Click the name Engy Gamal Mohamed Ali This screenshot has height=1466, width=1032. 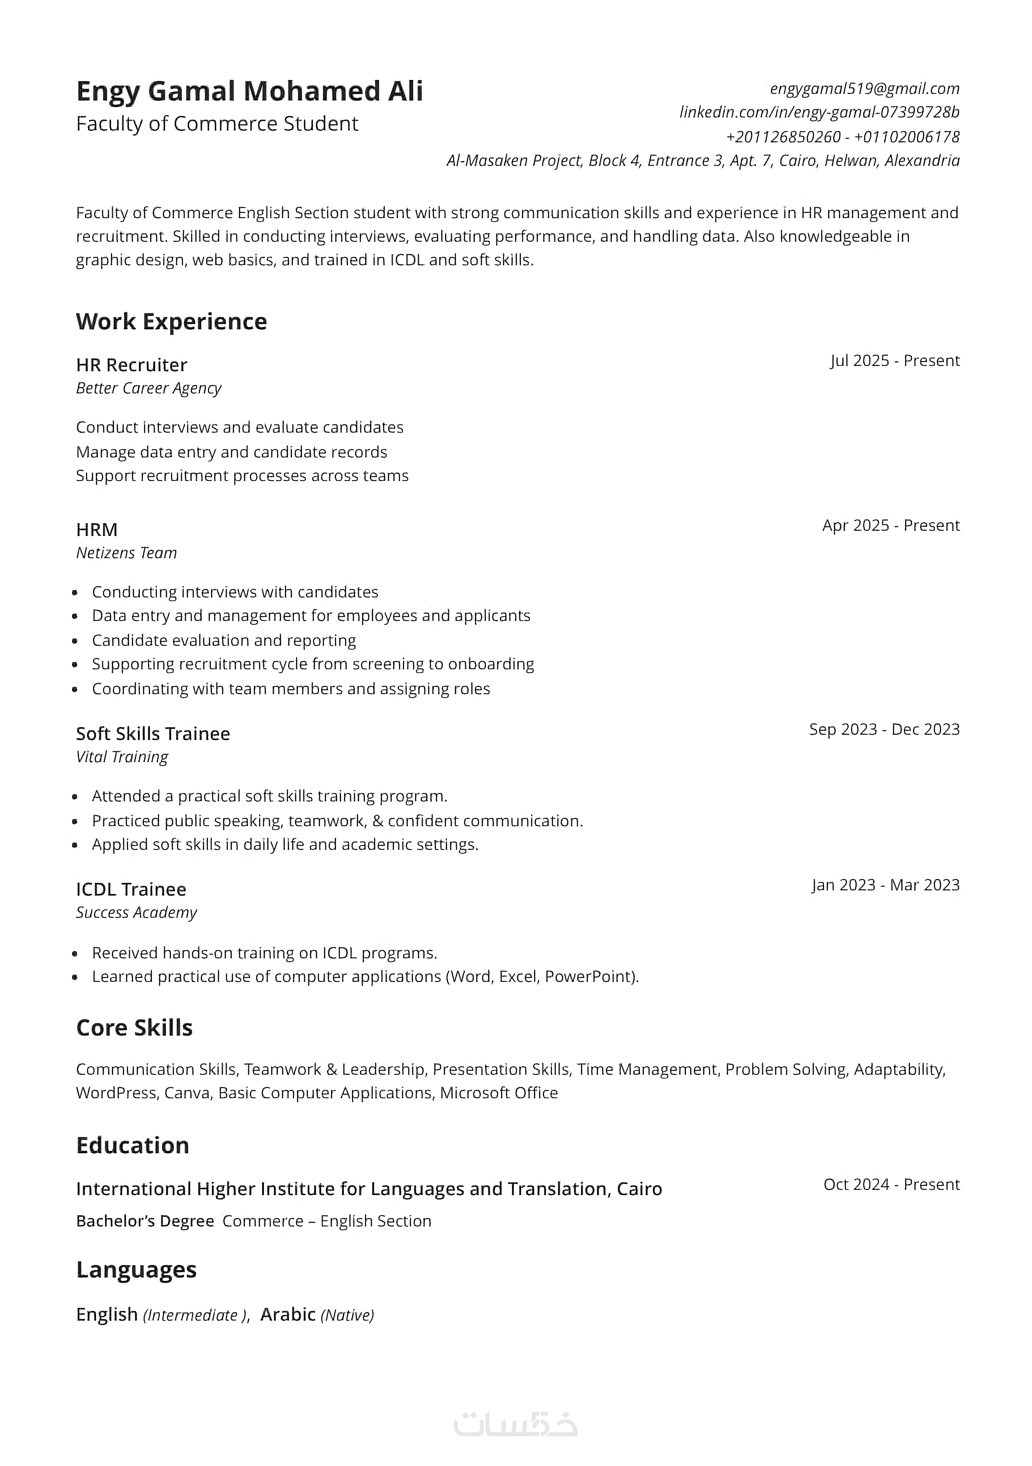pos(249,91)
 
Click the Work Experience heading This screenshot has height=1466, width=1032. pos(171,321)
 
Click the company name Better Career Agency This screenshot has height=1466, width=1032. pos(148,388)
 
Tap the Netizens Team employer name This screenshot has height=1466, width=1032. pos(126,553)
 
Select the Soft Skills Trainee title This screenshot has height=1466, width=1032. pos(153,734)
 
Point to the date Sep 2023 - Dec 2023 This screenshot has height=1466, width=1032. pos(884,729)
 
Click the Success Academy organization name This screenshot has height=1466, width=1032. pos(136,912)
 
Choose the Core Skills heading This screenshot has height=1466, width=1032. pos(134,1027)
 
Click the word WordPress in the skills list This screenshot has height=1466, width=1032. pos(116,1093)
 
